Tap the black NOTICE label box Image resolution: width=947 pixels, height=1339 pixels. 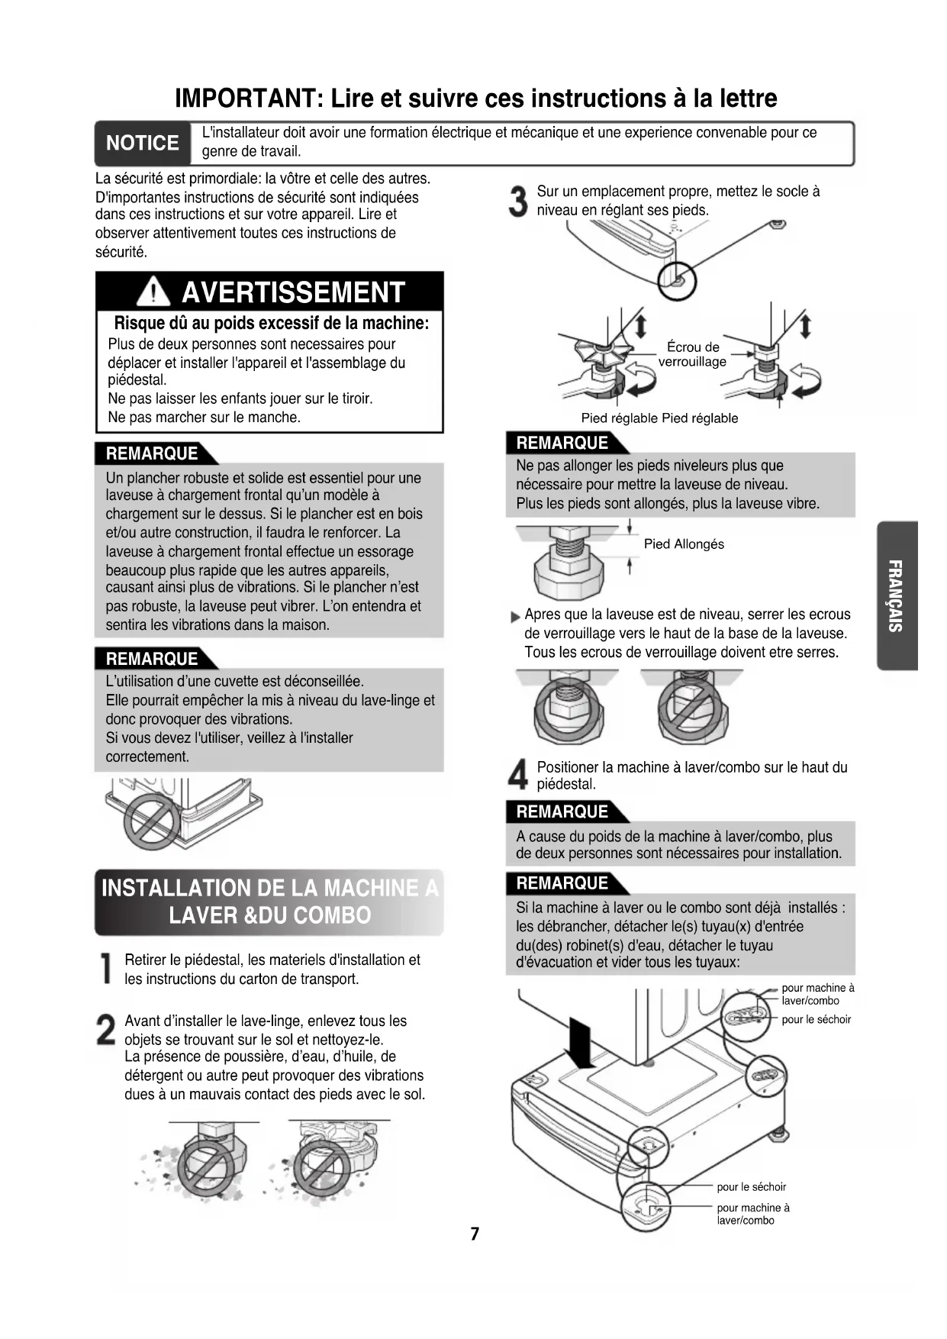coord(142,144)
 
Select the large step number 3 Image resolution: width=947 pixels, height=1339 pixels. coord(519,202)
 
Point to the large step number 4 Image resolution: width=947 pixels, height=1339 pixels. coord(519,776)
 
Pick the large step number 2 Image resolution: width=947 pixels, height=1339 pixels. coord(107,1031)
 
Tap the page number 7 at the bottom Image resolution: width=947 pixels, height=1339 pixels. coord(475,1234)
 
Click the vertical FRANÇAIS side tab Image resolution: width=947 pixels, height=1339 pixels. coord(897,595)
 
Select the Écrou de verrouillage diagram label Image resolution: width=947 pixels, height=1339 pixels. coord(692,354)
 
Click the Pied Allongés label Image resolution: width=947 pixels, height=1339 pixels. coord(684,544)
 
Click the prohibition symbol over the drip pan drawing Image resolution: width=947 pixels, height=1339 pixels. coord(152,822)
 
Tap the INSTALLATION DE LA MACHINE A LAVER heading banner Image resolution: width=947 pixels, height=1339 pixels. coord(269,902)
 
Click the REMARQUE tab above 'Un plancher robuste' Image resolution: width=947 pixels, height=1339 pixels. coord(152,453)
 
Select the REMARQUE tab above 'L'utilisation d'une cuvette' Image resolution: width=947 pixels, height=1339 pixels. coord(152,659)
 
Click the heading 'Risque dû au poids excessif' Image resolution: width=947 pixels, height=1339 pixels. coord(271,323)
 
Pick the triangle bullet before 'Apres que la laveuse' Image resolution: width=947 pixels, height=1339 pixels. coord(515,617)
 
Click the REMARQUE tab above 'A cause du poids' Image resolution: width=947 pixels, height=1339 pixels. coord(562,811)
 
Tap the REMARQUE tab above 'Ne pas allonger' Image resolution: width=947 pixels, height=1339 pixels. coord(562,443)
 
